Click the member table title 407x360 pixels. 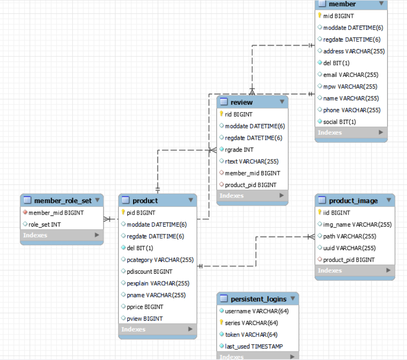coord(342,4)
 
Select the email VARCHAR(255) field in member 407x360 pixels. coord(351,75)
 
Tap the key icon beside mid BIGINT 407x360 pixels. coord(319,16)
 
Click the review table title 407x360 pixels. coord(242,102)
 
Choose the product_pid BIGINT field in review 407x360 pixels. coord(251,185)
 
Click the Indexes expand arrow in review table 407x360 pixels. coord(281,195)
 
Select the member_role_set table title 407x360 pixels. coord(63,201)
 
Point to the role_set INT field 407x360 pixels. coord(44,224)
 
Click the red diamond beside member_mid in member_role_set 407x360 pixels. coord(25,212)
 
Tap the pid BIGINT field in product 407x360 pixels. coord(141,212)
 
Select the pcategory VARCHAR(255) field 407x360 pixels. coord(160,260)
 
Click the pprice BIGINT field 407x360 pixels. coord(145,307)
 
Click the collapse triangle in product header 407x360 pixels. coord(190,201)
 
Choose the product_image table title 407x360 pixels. coord(353,201)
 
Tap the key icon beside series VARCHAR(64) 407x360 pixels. coord(221,323)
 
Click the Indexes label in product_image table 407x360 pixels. coord(330,270)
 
